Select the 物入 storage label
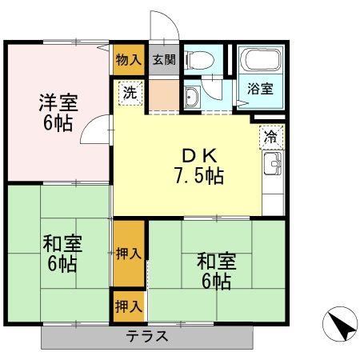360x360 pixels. click(x=128, y=59)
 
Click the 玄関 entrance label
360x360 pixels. click(x=164, y=59)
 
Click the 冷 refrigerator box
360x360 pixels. click(x=271, y=137)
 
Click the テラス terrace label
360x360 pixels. click(x=147, y=336)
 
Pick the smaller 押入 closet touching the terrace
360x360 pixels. click(x=128, y=306)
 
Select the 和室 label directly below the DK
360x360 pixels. click(x=216, y=262)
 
